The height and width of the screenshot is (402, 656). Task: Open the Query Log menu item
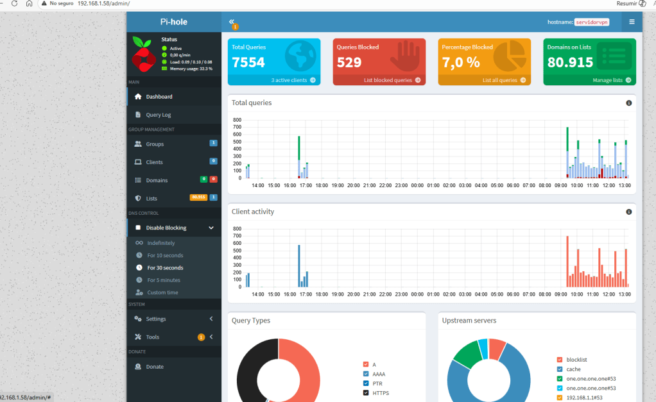coord(158,115)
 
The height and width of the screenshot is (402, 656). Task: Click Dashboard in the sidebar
coord(159,97)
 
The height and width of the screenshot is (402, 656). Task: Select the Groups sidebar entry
coord(155,144)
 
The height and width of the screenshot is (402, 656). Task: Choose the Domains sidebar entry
coord(157,180)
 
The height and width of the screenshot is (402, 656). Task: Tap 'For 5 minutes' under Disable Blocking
coord(164,280)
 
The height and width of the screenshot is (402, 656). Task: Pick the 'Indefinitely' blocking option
coord(160,243)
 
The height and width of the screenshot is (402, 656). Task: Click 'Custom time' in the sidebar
coord(162,292)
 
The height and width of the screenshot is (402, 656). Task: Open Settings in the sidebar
coord(156,319)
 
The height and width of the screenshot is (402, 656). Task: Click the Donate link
coord(155,367)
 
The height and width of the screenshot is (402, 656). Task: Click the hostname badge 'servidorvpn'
coord(591,22)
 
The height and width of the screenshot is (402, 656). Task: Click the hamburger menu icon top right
coord(632,22)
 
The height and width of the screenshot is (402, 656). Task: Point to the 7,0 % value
coord(461,62)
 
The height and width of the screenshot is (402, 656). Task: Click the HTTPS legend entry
coord(380,393)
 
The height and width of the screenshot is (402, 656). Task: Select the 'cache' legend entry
coord(573,369)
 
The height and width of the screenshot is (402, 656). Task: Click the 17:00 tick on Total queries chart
coord(306,185)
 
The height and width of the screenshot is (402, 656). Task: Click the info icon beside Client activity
coord(629,212)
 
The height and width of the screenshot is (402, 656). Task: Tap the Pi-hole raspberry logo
coord(144,54)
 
